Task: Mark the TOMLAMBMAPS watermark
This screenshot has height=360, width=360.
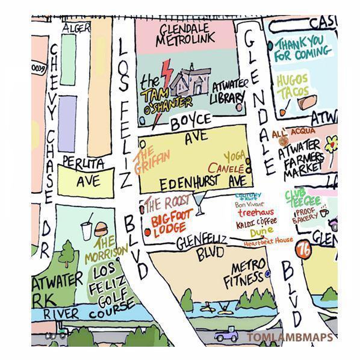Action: point(289,337)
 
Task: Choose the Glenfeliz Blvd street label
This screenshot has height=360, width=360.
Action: point(201,247)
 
